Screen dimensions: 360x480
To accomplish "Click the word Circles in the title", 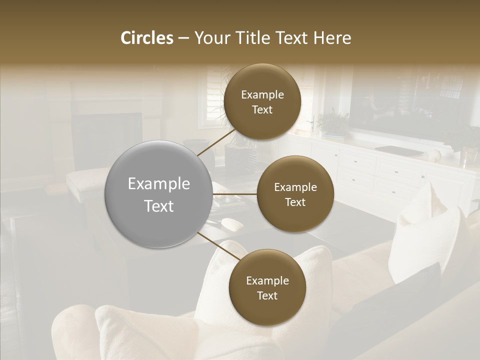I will coord(146,38).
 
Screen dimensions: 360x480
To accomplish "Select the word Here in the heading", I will coord(332,38).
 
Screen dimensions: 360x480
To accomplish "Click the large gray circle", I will coord(158,194).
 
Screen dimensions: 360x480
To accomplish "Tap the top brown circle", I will coord(262,101).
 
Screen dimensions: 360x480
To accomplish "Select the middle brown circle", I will coord(295,194).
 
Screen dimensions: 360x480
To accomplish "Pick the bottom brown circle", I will coord(267,287).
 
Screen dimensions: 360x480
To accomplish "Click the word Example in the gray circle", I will coord(158,184).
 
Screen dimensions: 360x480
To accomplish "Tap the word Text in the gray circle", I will coord(158,206).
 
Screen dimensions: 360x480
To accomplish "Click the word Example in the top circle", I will coord(262,94).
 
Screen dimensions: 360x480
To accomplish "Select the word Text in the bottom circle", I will coord(267,295).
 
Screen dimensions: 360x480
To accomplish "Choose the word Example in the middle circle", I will coord(295,187).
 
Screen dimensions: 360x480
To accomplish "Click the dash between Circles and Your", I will coord(183,38).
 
